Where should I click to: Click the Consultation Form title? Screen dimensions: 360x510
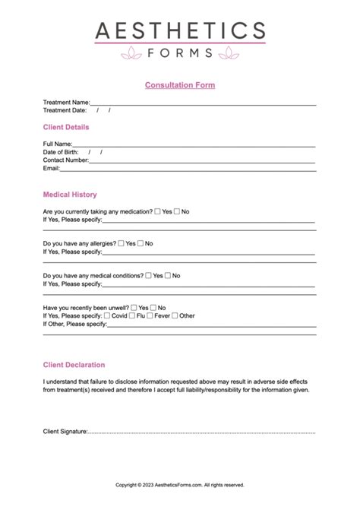pyautogui.click(x=180, y=85)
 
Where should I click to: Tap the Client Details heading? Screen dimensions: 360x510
pyautogui.click(x=66, y=127)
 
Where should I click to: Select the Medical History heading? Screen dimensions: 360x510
pyautogui.click(x=70, y=195)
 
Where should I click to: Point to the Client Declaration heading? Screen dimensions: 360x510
pyautogui.click(x=74, y=365)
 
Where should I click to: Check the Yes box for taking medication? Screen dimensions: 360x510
pyautogui.click(x=157, y=211)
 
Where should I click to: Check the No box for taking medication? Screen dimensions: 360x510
pyautogui.click(x=177, y=211)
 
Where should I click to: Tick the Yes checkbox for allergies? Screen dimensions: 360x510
pyautogui.click(x=121, y=243)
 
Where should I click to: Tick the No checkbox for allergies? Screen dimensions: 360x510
pyautogui.click(x=141, y=243)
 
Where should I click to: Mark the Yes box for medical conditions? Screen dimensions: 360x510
pyautogui.click(x=148, y=276)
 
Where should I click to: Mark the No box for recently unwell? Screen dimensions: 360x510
pyautogui.click(x=153, y=308)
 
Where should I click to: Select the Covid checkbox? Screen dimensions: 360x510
pyautogui.click(x=106, y=315)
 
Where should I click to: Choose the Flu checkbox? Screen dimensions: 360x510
pyautogui.click(x=132, y=315)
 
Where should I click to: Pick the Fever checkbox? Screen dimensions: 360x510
pyautogui.click(x=150, y=315)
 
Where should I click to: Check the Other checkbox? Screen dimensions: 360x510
pyautogui.click(x=175, y=315)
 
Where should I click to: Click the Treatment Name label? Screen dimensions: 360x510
pyautogui.click(x=66, y=102)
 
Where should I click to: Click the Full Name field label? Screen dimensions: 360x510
pyautogui.click(x=57, y=144)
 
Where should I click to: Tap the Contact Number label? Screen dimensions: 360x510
pyautogui.click(x=65, y=160)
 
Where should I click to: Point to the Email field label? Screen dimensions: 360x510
pyautogui.click(x=51, y=169)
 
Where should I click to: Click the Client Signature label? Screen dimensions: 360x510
pyautogui.click(x=65, y=432)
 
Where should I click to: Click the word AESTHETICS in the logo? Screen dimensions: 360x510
pyautogui.click(x=180, y=31)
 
